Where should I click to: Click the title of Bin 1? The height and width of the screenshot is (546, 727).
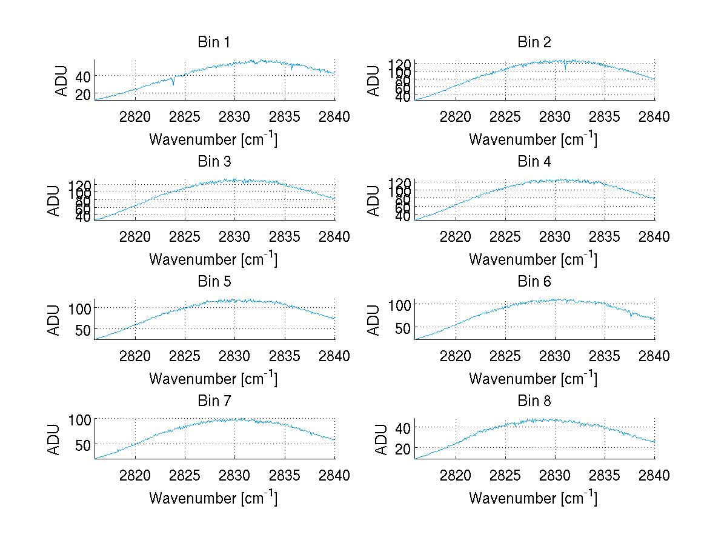coord(214,42)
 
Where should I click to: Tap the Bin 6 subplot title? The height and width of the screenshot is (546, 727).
coord(534,282)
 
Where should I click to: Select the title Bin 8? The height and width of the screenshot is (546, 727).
coord(534,401)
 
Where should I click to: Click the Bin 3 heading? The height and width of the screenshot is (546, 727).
coord(214,162)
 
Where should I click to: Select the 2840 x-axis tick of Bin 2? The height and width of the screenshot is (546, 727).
coord(654,117)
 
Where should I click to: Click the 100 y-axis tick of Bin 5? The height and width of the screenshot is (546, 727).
coord(79,308)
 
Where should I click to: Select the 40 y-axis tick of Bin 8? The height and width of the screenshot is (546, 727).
coord(403,427)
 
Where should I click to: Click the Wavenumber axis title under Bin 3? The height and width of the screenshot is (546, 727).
coord(213,259)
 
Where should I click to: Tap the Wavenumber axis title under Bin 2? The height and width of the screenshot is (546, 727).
coord(533,139)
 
